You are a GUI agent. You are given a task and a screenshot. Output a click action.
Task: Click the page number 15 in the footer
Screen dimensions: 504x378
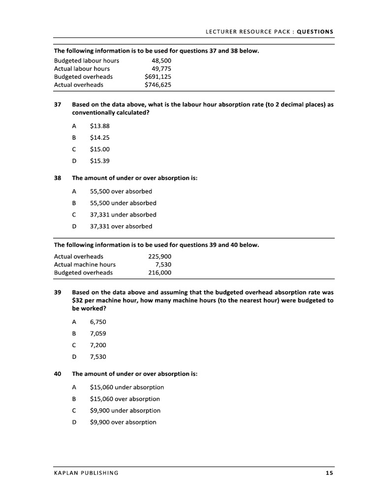point(329,473)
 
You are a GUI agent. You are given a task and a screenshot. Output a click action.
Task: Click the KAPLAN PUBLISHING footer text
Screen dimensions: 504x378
point(86,473)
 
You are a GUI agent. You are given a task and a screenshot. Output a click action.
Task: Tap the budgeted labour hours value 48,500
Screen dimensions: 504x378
point(161,61)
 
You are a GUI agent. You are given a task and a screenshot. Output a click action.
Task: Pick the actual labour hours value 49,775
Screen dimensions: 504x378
point(161,69)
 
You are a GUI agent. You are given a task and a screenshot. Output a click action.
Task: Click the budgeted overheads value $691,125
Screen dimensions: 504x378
point(158,77)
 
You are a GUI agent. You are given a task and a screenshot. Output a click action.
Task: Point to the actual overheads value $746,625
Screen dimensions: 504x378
point(158,85)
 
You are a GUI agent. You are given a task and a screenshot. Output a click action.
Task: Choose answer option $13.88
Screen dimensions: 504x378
point(99,126)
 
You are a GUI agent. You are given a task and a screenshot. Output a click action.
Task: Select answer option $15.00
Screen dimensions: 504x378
point(99,149)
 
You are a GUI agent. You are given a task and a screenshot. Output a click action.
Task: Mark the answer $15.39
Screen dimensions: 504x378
point(99,161)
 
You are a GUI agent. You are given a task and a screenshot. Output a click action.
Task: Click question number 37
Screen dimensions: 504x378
point(58,105)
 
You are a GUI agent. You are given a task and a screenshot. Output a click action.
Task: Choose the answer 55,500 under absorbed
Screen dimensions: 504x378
point(123,203)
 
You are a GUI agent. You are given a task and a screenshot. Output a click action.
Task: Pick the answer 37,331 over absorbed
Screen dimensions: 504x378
point(121,226)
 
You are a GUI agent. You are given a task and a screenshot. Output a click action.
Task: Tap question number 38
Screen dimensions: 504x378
point(58,178)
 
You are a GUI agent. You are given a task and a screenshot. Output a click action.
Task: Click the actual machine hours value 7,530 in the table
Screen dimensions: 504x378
point(163,264)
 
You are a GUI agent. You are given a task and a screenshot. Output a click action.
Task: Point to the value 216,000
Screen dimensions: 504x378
point(160,272)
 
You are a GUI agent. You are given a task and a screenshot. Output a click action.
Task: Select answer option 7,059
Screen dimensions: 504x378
point(98,333)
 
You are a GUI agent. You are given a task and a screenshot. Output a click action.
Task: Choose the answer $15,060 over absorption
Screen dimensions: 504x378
point(125,399)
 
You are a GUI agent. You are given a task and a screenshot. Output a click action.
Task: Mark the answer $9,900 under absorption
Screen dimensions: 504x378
point(125,410)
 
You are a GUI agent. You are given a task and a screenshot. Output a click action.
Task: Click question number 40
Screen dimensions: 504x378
point(58,374)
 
